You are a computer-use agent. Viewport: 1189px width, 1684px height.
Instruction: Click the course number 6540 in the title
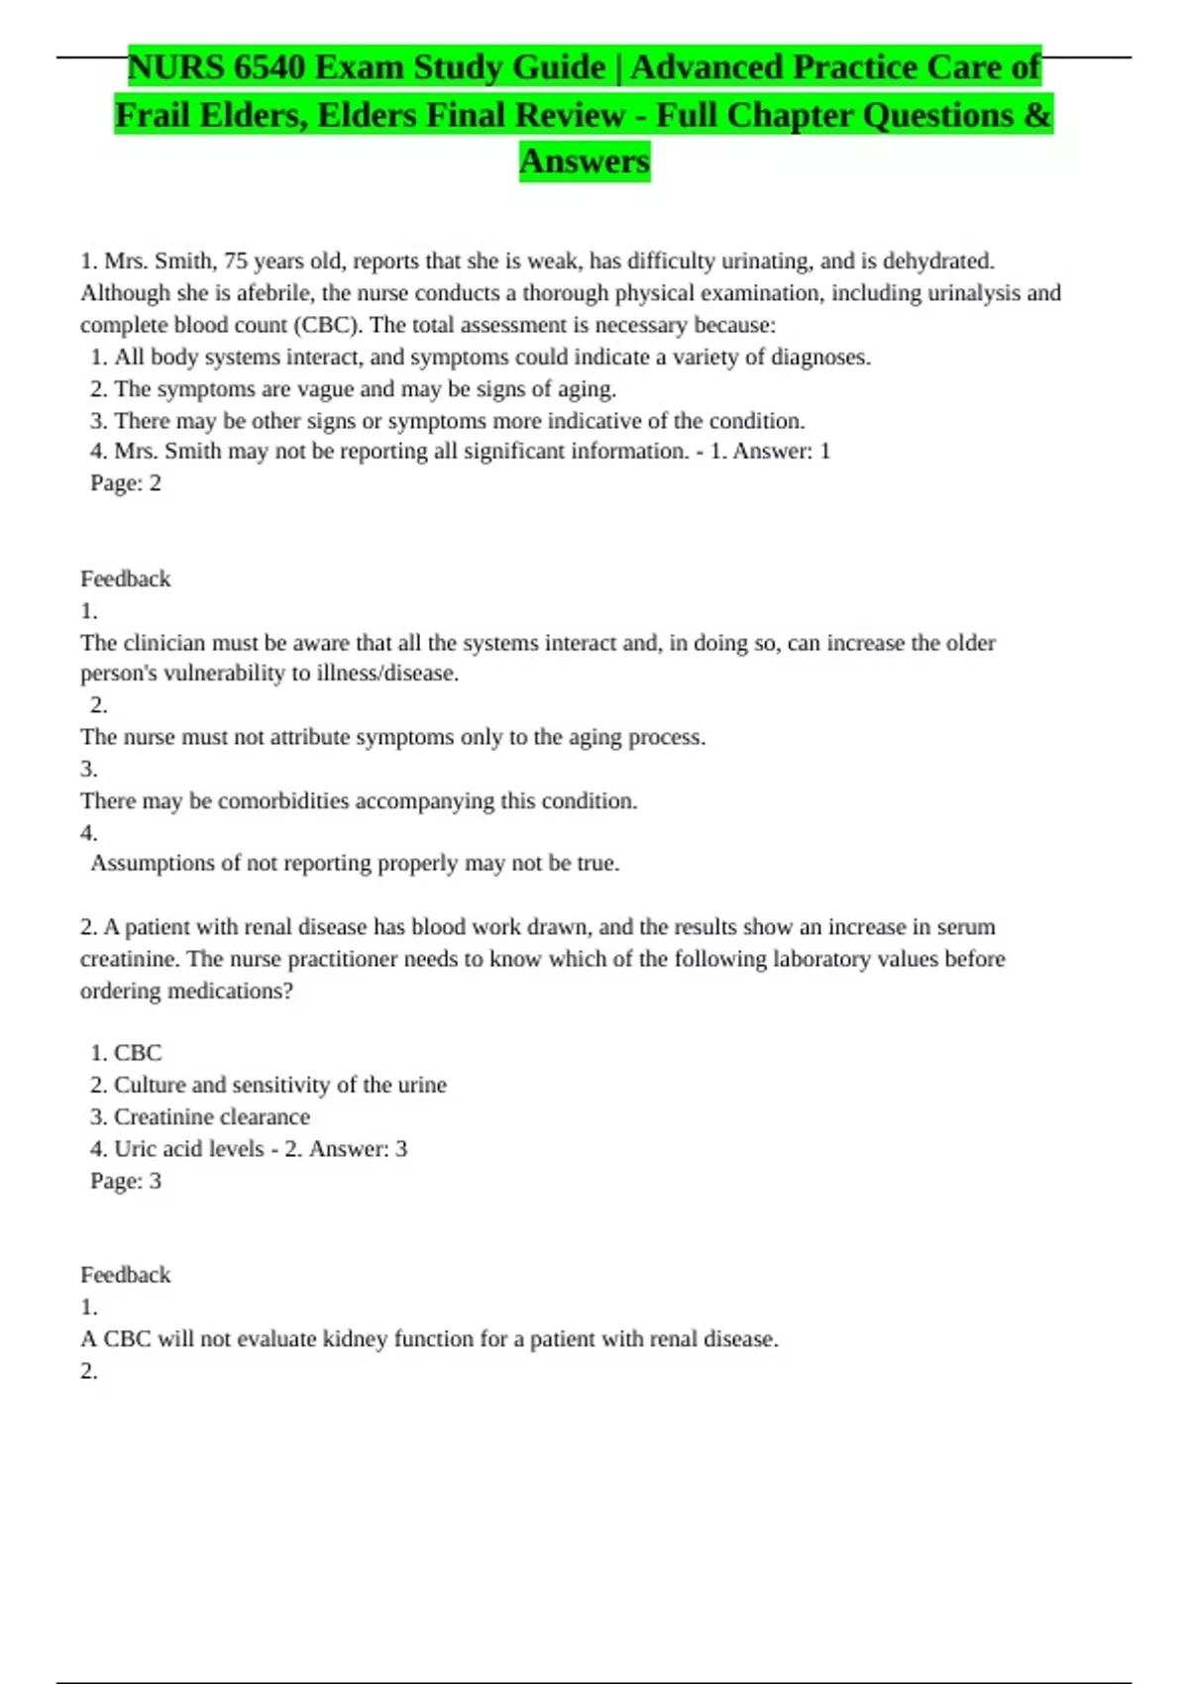coord(270,67)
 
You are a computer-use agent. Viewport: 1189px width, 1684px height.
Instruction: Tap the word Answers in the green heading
coord(585,160)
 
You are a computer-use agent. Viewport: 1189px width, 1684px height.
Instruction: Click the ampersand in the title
coord(1037,115)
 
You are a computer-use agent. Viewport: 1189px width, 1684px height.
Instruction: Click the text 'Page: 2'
coord(126,483)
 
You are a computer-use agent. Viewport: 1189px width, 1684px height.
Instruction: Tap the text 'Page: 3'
coord(126,1181)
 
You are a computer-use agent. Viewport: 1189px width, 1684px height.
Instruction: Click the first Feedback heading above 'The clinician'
coord(126,579)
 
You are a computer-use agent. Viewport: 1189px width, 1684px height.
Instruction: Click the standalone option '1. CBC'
coord(126,1053)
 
